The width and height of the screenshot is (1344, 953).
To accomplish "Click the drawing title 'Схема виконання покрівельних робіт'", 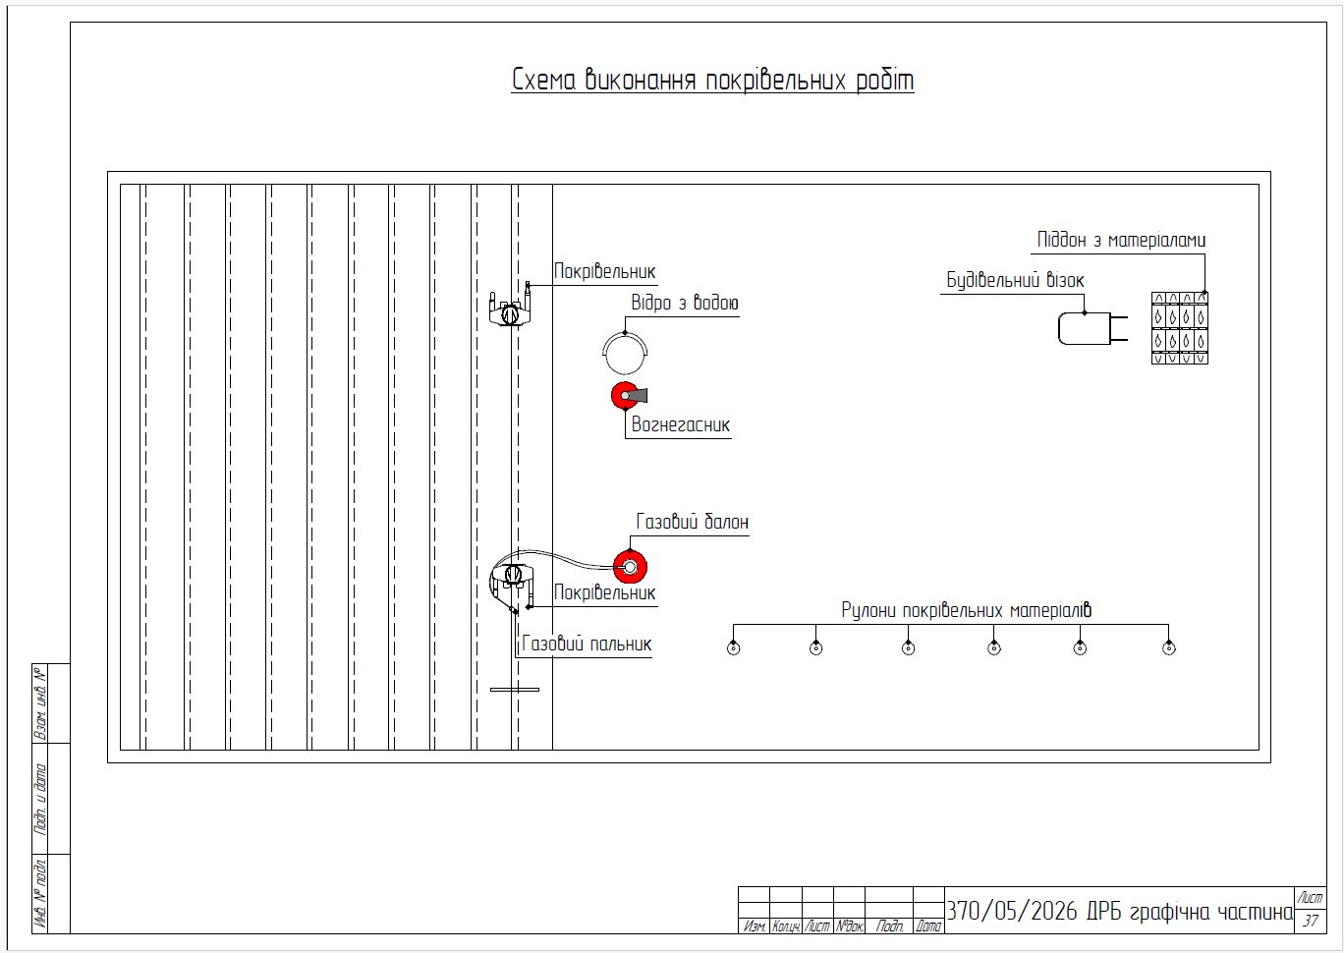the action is coord(712,81).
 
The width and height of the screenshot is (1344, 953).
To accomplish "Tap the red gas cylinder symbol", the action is coord(630,567).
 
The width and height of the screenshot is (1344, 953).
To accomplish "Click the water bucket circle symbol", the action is coord(625,353).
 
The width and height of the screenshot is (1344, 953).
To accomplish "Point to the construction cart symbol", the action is coord(1092,328).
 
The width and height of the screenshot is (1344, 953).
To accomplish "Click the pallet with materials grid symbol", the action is coord(1180,328).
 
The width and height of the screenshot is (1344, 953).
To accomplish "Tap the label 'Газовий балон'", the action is coord(693,522).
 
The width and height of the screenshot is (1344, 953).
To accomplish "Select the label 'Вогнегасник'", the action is coord(681,424).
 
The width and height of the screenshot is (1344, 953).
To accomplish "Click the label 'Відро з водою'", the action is coord(685,303).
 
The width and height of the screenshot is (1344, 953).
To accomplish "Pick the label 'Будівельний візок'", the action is coord(1015,280).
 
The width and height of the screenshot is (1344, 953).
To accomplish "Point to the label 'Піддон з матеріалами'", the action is coord(1121,240).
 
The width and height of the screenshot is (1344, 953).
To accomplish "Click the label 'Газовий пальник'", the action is coord(587,644).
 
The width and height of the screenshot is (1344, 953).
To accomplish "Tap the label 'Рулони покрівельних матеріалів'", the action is coord(966,610).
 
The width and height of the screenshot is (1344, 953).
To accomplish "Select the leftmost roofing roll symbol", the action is coord(733,648).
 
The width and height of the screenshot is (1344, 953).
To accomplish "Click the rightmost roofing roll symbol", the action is coord(1169,648).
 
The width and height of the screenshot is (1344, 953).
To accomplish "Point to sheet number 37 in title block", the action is coord(1311,921).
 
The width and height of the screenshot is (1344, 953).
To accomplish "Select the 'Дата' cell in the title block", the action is coord(928,926).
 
